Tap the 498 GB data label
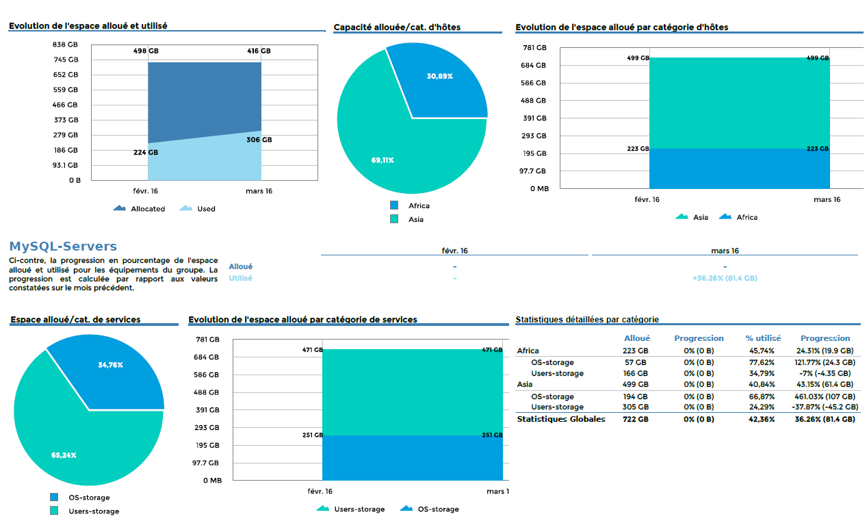coord(146,51)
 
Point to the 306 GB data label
coord(259,140)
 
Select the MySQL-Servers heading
coord(63,246)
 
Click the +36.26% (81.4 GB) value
coord(725,279)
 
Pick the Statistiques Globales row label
coord(561,419)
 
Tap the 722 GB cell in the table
coord(635,419)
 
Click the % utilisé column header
coord(763,338)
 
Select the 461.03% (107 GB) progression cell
coord(825,396)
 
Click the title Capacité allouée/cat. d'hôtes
coord(397,27)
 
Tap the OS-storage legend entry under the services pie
coord(88,498)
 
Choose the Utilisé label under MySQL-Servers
coord(240,279)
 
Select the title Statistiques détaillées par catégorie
coord(587,319)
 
